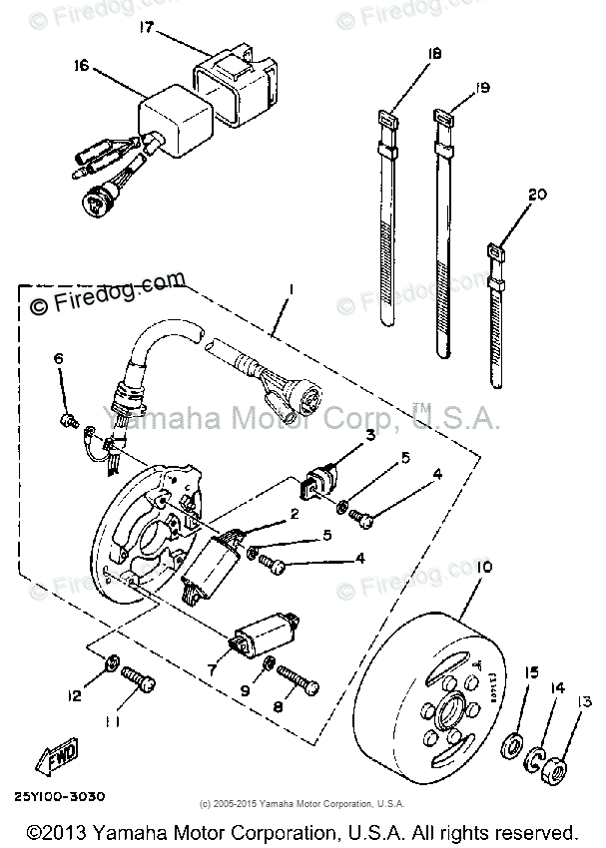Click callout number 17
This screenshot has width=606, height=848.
148,28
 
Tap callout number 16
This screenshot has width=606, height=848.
81,66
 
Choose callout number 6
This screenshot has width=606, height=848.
58,359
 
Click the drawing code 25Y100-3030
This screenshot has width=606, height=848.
61,797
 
